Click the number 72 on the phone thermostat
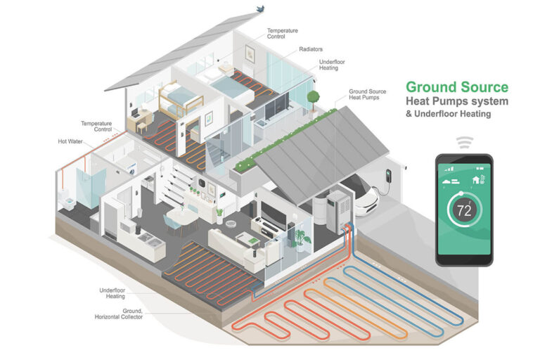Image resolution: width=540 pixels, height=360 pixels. tap(464, 210)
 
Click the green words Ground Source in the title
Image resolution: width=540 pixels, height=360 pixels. tap(456, 88)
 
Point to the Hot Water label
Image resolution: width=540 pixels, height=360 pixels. tap(71, 141)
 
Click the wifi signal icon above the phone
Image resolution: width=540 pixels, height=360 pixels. tap(463, 143)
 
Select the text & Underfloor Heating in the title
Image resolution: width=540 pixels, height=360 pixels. tap(452, 114)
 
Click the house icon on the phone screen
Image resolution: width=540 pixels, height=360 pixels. tap(477, 179)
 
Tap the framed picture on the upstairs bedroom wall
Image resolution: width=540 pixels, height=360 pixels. tap(250, 53)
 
